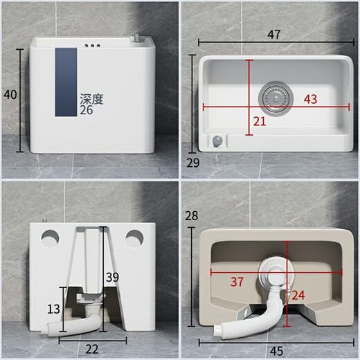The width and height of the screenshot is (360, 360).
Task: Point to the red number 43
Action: click(310, 99)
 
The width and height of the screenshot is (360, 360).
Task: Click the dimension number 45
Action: click(276, 350)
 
